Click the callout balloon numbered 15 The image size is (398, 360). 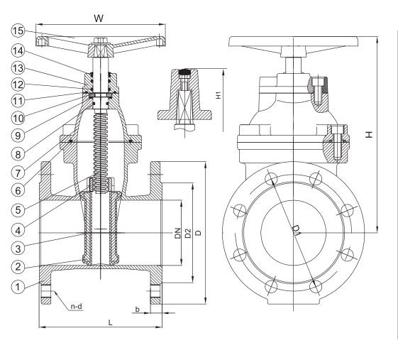click(x=18, y=31)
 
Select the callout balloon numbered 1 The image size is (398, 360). click(x=18, y=287)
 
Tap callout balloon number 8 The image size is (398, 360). click(x=18, y=154)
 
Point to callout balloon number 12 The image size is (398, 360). click(x=18, y=84)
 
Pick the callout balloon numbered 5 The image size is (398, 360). click(x=18, y=210)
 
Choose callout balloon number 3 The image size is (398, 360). click(x=18, y=249)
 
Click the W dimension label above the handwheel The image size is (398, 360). click(x=99, y=18)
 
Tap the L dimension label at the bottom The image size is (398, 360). click(x=110, y=322)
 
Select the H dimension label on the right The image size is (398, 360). click(x=369, y=134)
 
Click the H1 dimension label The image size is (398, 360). click(x=219, y=95)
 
